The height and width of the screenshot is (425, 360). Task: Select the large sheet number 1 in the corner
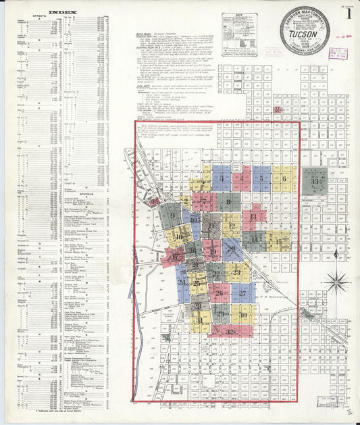[349, 13]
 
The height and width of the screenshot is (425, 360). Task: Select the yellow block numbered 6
[284, 179]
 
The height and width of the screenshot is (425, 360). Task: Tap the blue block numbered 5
[261, 179]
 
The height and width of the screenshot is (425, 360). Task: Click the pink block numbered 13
[253, 217]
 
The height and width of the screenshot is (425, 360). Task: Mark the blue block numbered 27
[242, 293]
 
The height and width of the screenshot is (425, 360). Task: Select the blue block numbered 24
[182, 281]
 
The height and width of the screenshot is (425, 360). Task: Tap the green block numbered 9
[173, 216]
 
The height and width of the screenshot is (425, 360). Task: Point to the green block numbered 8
[229, 201]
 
